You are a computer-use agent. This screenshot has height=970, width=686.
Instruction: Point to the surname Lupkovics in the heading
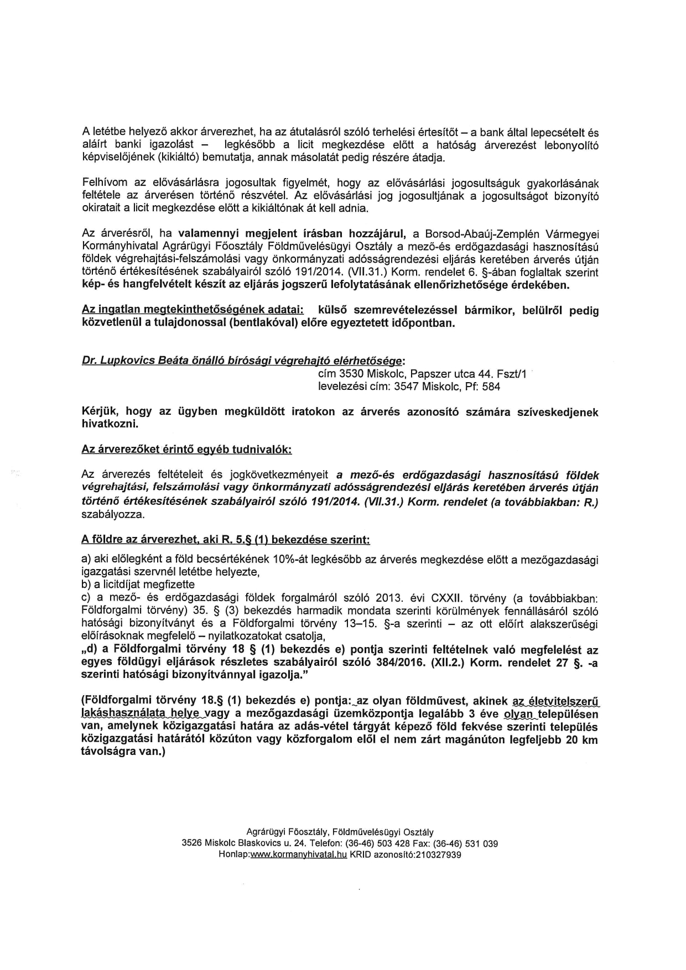tap(124, 361)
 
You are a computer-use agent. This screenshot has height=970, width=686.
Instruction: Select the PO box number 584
tap(492, 387)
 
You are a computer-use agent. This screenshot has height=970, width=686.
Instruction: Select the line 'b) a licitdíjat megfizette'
tap(138, 584)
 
